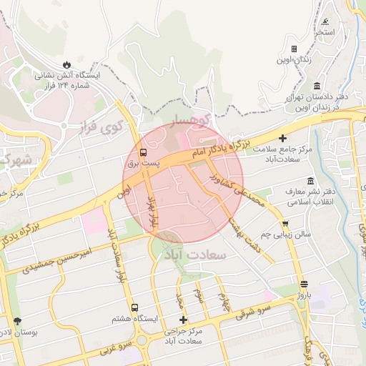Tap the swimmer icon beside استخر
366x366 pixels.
pos(326,23)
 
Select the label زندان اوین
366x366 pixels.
pos(297,60)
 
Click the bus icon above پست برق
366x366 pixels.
pos(144,152)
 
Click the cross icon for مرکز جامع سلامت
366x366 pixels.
pos(283,138)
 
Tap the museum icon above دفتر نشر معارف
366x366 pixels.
pos(310,181)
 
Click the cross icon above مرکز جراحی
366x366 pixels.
pos(183,320)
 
